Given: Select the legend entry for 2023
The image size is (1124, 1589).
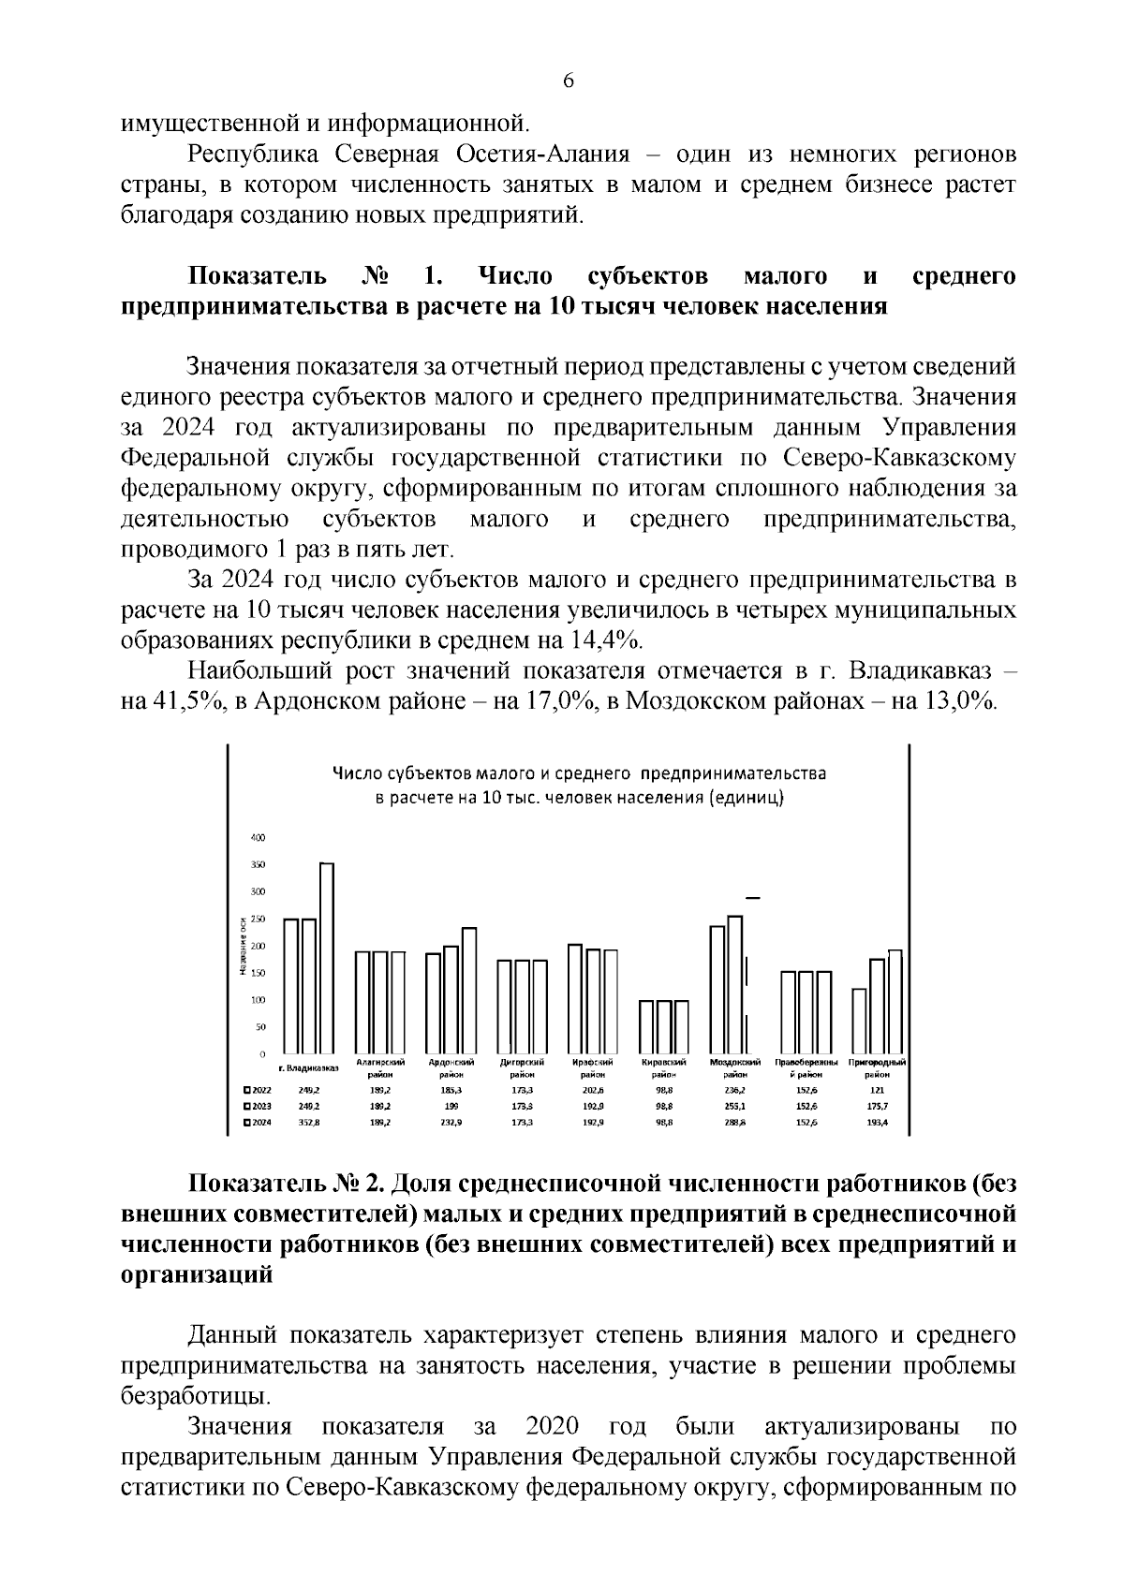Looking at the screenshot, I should click(x=257, y=1106).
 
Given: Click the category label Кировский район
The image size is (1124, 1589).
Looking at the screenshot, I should click(x=664, y=1068).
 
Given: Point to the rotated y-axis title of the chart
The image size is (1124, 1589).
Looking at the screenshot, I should click(x=242, y=946).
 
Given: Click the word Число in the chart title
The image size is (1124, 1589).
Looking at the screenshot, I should click(x=357, y=774).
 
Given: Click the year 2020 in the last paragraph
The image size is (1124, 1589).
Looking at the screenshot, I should click(x=552, y=1427).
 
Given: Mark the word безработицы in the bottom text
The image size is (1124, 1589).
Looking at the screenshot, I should click(x=194, y=1396).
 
